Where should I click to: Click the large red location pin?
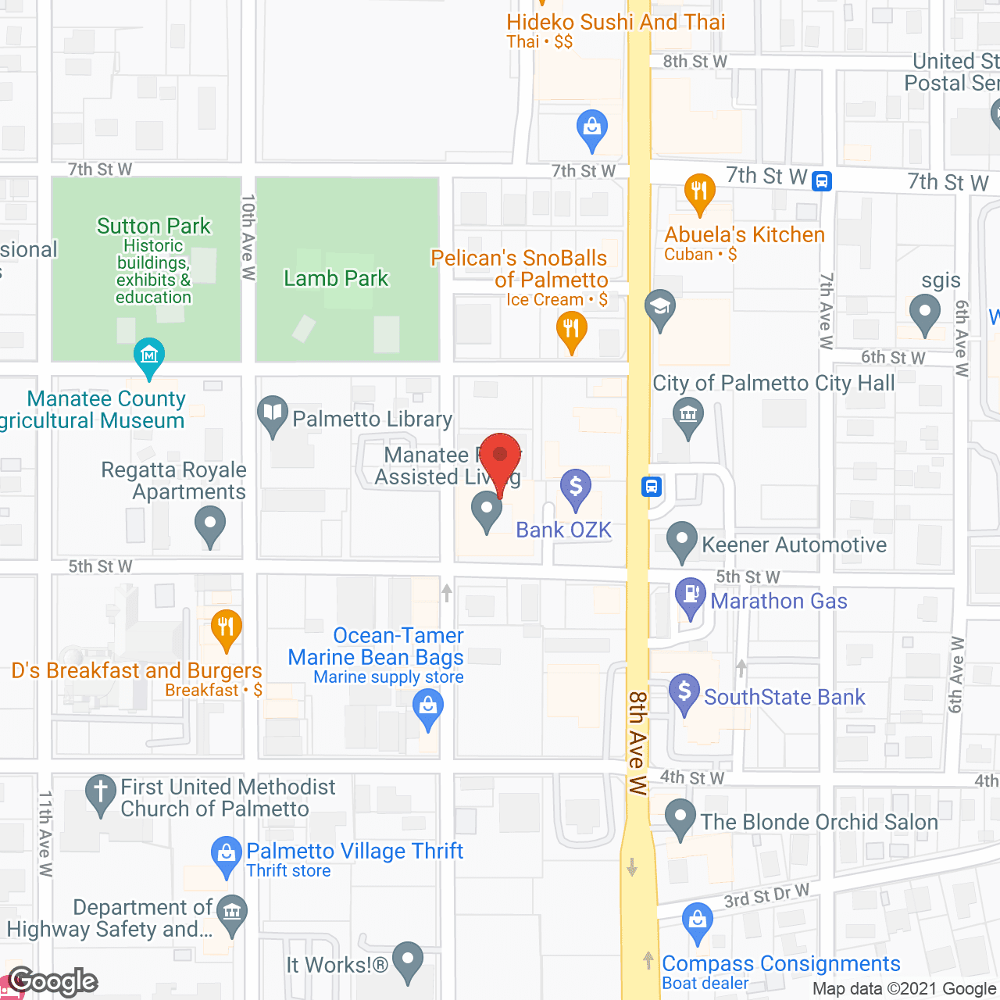[500, 458]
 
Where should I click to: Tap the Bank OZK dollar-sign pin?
[576, 488]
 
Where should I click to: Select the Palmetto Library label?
[372, 420]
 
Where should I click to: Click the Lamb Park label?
[336, 278]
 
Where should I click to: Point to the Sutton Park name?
[154, 227]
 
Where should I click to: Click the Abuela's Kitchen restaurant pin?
[699, 192]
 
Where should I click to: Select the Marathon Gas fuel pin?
[691, 597]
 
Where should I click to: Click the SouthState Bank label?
[784, 697]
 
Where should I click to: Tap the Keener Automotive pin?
[682, 540]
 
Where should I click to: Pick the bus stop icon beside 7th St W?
[821, 181]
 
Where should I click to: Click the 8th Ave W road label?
[637, 742]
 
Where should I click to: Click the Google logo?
[53, 981]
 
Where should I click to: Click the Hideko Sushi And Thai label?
[616, 22]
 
